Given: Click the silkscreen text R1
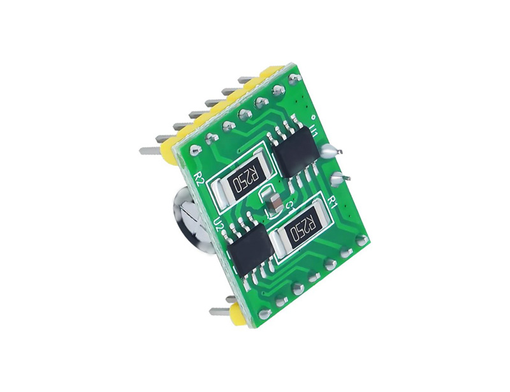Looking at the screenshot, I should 331,202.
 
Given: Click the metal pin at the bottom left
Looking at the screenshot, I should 220,312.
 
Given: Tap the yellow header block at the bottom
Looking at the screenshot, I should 238,313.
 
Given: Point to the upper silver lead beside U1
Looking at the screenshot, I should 332,151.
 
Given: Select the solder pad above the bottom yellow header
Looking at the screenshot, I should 263,313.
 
